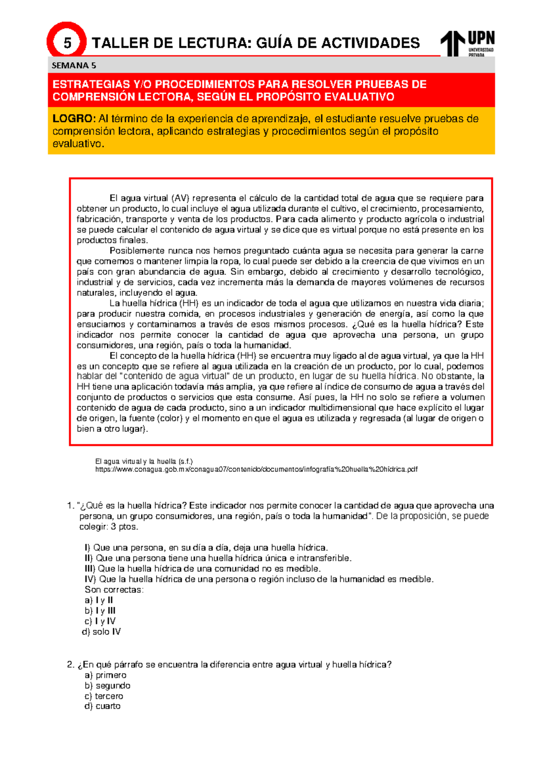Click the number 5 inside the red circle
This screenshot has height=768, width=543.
tap(67, 43)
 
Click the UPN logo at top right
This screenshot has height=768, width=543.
tap(468, 43)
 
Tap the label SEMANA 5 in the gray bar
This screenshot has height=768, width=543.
tap(74, 65)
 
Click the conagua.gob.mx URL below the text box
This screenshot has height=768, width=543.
tap(256, 469)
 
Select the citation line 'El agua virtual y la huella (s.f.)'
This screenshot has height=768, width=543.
tap(143, 461)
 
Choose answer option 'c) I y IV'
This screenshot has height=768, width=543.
tap(100, 621)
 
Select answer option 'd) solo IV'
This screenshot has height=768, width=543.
tap(101, 632)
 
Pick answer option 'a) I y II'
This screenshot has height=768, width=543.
tap(99, 600)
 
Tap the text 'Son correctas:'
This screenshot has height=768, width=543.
tap(114, 590)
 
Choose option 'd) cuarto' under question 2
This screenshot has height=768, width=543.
tap(102, 706)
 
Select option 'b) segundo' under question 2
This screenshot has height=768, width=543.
tap(107, 686)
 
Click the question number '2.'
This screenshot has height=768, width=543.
tap(70, 665)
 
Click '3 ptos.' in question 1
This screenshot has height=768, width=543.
tap(124, 527)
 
